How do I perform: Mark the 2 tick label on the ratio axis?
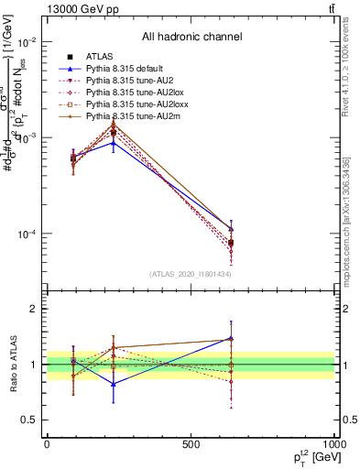33,310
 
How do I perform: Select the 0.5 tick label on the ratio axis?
29,420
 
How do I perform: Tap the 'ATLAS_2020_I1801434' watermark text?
191,274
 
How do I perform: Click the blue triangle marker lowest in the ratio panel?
114,384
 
